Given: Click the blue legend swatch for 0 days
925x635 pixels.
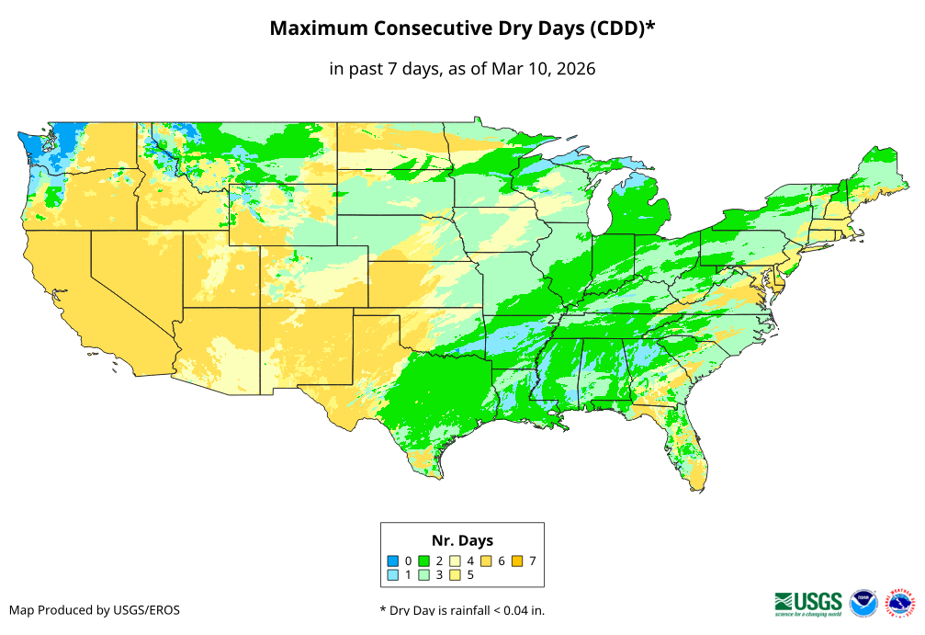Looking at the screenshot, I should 393,561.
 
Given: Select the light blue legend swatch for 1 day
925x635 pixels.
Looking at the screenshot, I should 393,575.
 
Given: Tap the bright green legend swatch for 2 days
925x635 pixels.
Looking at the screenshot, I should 424,561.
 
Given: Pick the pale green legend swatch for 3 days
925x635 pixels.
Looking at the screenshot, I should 424,575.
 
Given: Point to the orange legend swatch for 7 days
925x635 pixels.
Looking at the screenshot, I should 518,561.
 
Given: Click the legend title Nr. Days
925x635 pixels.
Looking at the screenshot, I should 462,540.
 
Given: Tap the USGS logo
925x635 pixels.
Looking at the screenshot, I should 808,602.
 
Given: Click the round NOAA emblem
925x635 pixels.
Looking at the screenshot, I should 863,603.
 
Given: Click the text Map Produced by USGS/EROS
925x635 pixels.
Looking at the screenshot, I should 95,609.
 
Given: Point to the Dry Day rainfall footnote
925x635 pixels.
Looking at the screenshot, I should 468,609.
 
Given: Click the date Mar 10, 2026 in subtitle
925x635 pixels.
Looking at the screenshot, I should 543,69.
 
